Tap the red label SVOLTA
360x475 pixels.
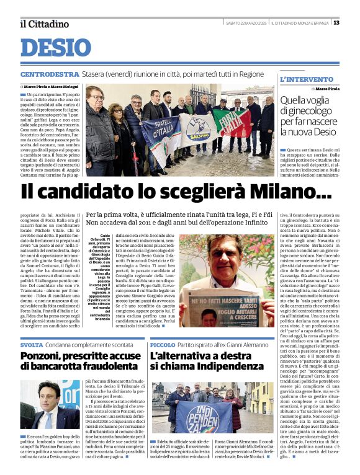coord(32,344)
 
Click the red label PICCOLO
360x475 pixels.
coord(162,344)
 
